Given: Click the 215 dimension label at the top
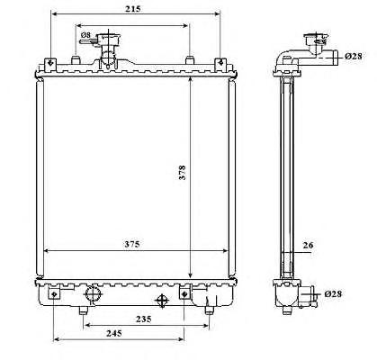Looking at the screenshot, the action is click(133, 9).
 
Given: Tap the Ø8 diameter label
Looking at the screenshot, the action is click(85, 35).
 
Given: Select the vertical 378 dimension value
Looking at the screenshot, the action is click(182, 173).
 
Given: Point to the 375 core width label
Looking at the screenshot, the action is click(132, 244).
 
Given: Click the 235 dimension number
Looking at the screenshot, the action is click(143, 319).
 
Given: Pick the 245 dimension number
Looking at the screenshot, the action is click(114, 333).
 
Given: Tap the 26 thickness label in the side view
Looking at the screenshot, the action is click(308, 245).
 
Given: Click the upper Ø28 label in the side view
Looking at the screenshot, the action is click(354, 56).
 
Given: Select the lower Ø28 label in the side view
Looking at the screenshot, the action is click(333, 293).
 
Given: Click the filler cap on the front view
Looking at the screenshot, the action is click(108, 40).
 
